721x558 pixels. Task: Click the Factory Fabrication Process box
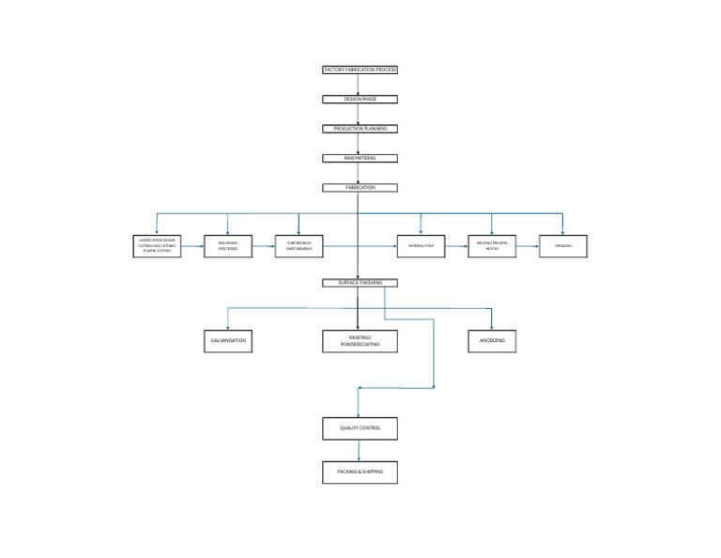[360, 70]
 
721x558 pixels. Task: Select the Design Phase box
[360, 99]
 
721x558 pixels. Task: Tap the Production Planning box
[360, 129]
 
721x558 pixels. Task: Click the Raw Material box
[360, 158]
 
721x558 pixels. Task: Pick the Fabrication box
[360, 188]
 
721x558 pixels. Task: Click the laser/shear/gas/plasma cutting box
[157, 246]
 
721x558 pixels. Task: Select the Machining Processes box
[228, 246]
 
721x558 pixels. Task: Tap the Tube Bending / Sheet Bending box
[299, 246]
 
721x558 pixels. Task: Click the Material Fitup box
[421, 246]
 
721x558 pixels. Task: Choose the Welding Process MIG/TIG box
[492, 246]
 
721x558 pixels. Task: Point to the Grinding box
[563, 246]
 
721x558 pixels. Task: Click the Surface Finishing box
[360, 283]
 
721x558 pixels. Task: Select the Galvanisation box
[228, 340]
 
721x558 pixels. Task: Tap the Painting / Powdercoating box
[360, 341]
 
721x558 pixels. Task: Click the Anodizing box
[492, 340]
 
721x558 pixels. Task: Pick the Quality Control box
[360, 428]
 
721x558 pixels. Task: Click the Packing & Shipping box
[360, 472]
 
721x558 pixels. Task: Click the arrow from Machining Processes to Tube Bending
[264, 247]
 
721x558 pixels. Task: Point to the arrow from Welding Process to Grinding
[528, 247]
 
